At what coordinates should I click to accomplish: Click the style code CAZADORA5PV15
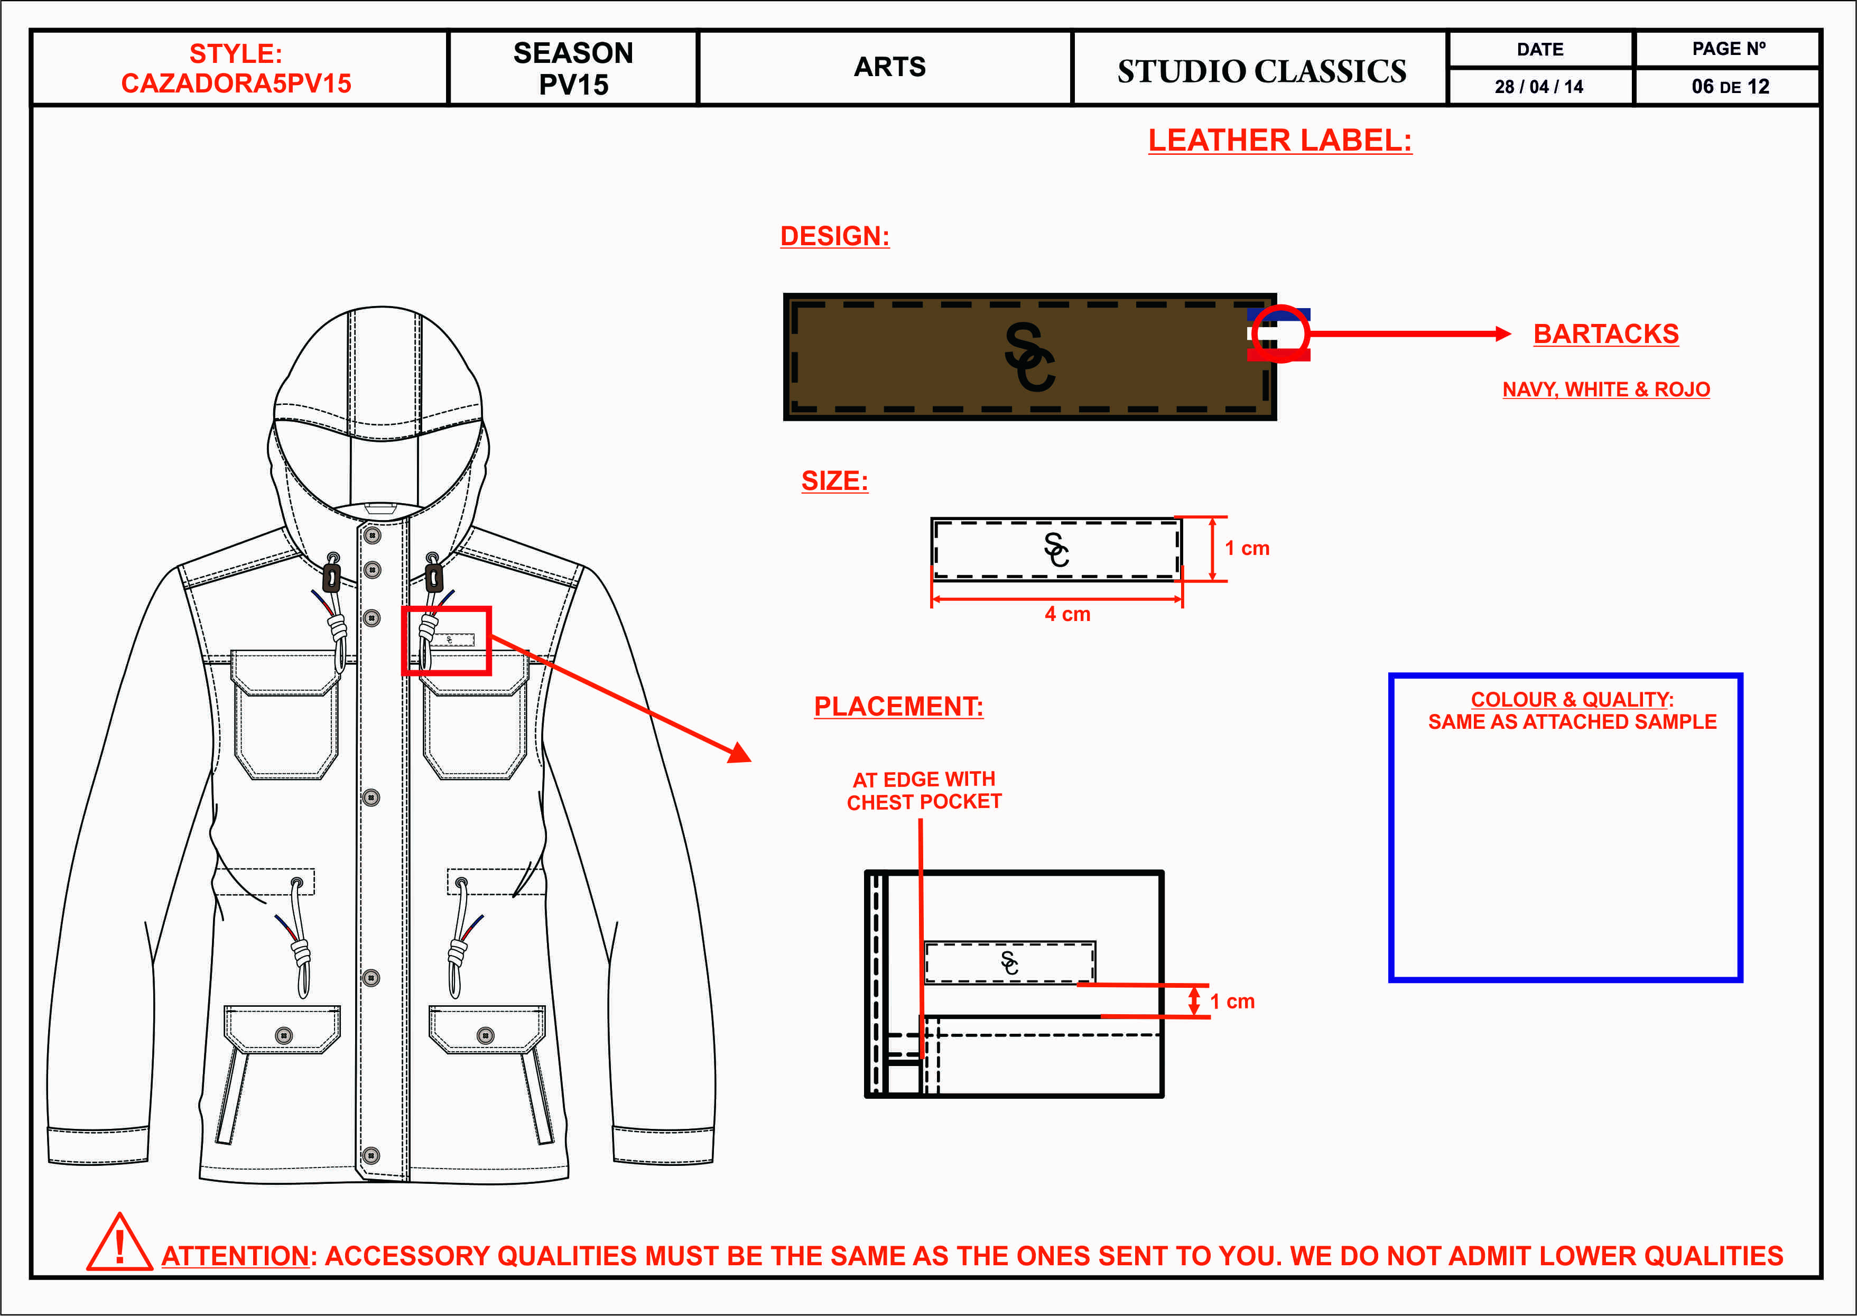[236, 84]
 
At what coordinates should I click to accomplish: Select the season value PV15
[573, 85]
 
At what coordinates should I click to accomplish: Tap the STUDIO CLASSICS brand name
[1261, 71]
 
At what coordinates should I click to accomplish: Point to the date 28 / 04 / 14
[1538, 87]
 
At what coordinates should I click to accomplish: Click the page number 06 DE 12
[1730, 87]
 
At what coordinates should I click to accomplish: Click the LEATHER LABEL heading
[1279, 140]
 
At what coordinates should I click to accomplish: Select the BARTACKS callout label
[1606, 334]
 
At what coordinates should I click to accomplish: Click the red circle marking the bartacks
[1280, 333]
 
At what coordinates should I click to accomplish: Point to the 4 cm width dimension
[1067, 614]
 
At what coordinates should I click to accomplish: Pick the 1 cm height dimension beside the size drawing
[1247, 549]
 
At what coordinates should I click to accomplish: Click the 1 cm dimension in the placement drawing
[1232, 1002]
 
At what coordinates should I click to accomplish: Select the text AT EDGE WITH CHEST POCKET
[924, 790]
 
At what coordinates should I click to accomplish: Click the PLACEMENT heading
[898, 707]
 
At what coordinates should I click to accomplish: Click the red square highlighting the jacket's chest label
[447, 640]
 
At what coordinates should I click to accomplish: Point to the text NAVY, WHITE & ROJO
[1606, 390]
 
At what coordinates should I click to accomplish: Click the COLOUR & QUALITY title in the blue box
[1572, 699]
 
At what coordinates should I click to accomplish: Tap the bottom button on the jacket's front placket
[371, 1155]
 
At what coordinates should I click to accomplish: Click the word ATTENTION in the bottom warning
[235, 1256]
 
